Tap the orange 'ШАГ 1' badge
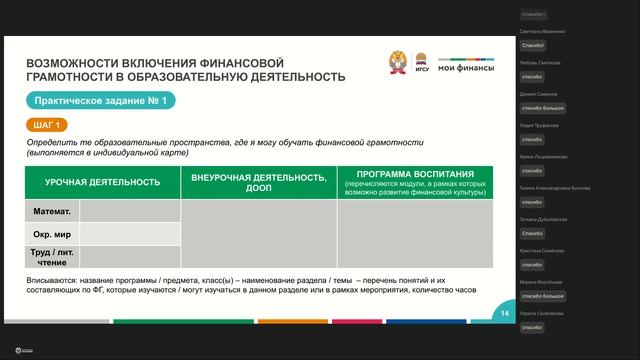coord(47,125)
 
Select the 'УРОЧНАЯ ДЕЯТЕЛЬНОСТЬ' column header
coord(103,182)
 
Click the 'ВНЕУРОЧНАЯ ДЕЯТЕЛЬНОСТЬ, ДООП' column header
coord(258,182)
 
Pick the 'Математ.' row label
coord(52,212)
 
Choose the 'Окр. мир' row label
coord(52,234)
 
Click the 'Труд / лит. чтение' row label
coord(52,257)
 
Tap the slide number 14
coord(505,314)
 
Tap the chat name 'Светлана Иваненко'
coord(543,32)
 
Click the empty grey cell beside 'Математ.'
coord(130,212)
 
